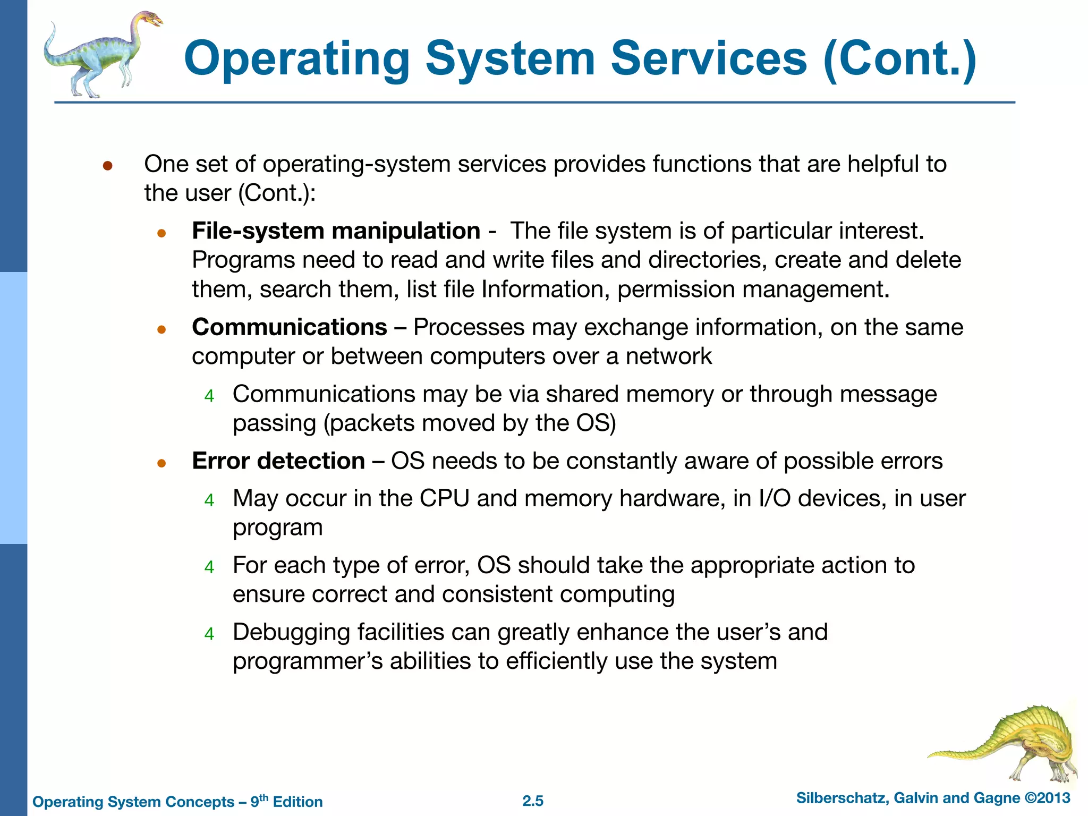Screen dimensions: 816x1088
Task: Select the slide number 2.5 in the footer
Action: point(533,801)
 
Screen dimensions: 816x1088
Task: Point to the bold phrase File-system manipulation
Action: point(336,231)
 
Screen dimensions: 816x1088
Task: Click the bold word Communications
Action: point(290,327)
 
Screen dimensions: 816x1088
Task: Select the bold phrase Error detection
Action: point(278,461)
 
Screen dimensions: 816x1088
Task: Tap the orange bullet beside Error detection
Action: point(162,463)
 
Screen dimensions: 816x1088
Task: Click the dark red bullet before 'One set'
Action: point(107,166)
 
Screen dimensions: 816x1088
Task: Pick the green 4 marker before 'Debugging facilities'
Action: point(209,634)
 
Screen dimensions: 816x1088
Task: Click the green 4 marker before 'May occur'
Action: point(209,500)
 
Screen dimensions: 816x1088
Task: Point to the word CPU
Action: point(444,499)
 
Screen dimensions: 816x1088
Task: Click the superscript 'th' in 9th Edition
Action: point(263,797)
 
